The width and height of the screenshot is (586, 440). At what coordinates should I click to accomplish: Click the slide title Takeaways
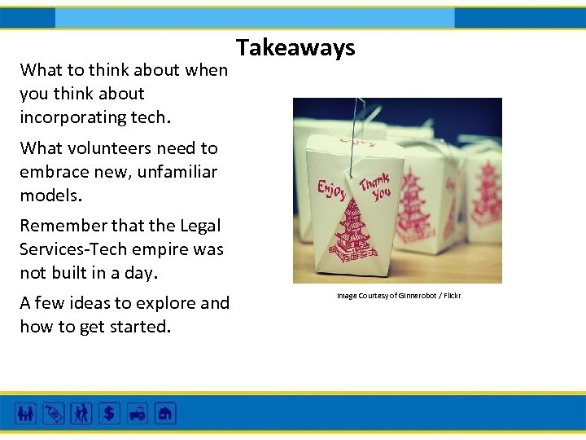click(296, 48)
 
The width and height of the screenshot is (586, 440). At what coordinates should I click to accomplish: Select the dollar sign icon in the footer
click(109, 413)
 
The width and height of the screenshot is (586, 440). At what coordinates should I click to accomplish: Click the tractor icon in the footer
click(137, 413)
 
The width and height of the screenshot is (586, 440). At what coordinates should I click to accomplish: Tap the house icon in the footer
click(165, 413)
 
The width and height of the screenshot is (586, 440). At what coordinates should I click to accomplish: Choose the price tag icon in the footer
click(54, 413)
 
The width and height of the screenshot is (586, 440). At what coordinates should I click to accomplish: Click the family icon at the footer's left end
click(26, 413)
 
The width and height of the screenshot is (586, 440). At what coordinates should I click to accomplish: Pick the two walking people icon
click(81, 413)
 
